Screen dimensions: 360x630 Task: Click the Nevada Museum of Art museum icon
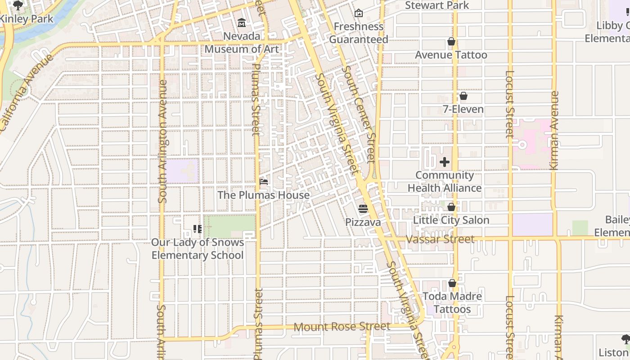pyautogui.click(x=242, y=22)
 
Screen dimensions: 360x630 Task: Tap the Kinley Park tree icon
pyautogui.click(x=18, y=5)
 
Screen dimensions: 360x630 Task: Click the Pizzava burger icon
pyautogui.click(x=363, y=209)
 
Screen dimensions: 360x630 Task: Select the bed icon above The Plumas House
pyautogui.click(x=264, y=182)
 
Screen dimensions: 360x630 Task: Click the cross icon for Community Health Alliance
pyautogui.click(x=445, y=162)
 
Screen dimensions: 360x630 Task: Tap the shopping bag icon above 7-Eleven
pyautogui.click(x=463, y=96)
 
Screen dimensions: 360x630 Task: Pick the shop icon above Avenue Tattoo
pyautogui.click(x=451, y=42)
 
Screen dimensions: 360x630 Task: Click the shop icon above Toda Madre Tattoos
pyautogui.click(x=452, y=283)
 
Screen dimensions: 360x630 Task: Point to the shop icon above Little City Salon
pyautogui.click(x=451, y=207)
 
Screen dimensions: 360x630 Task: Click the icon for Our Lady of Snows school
pyautogui.click(x=197, y=229)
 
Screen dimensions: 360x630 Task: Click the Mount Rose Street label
pyautogui.click(x=342, y=327)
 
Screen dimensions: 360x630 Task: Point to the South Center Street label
pyautogui.click(x=358, y=114)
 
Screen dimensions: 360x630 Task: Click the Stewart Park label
pyautogui.click(x=436, y=5)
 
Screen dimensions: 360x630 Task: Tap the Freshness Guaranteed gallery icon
pyautogui.click(x=359, y=13)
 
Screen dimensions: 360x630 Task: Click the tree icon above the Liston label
pyautogui.click(x=625, y=339)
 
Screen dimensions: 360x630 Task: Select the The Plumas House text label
pyautogui.click(x=263, y=195)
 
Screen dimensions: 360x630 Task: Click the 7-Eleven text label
pyautogui.click(x=463, y=109)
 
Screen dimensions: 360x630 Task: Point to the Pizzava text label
pyautogui.click(x=363, y=222)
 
